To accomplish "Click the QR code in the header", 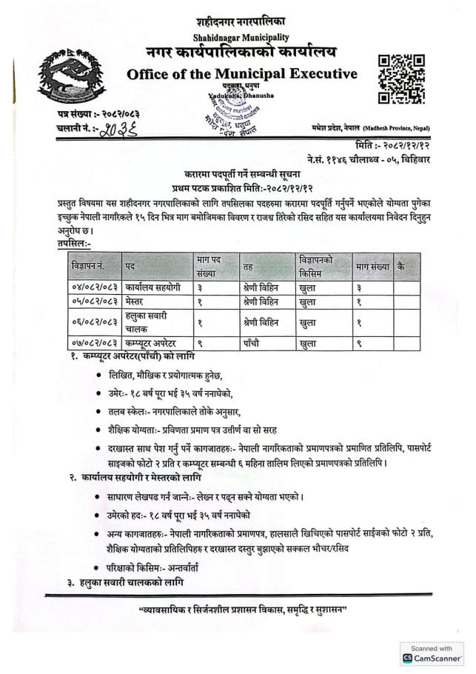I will (400, 79).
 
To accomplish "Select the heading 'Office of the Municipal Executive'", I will (241, 74).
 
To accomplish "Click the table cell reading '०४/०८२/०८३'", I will (95, 285).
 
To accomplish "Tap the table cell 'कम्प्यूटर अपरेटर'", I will (160, 343).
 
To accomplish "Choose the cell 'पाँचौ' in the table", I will (254, 343).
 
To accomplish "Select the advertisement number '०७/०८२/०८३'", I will (95, 343).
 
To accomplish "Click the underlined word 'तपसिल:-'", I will (73, 242).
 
